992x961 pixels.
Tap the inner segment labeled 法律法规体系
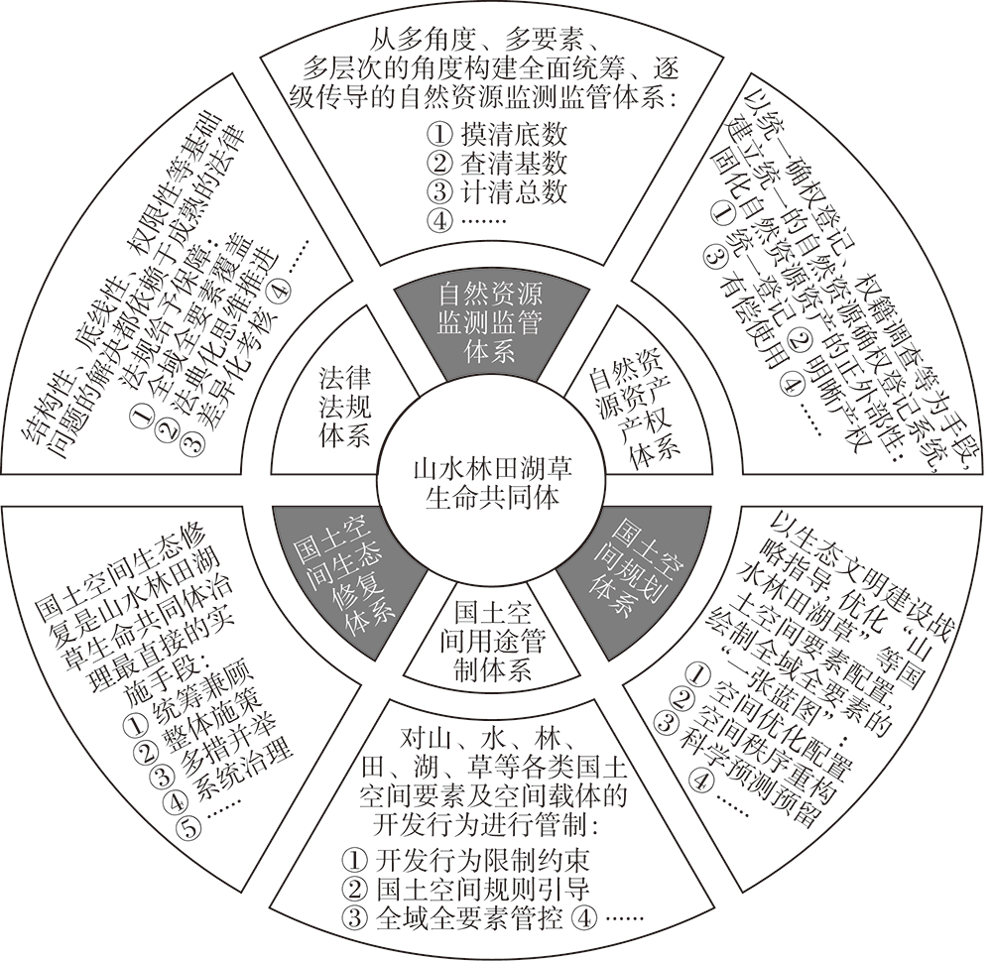343,407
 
